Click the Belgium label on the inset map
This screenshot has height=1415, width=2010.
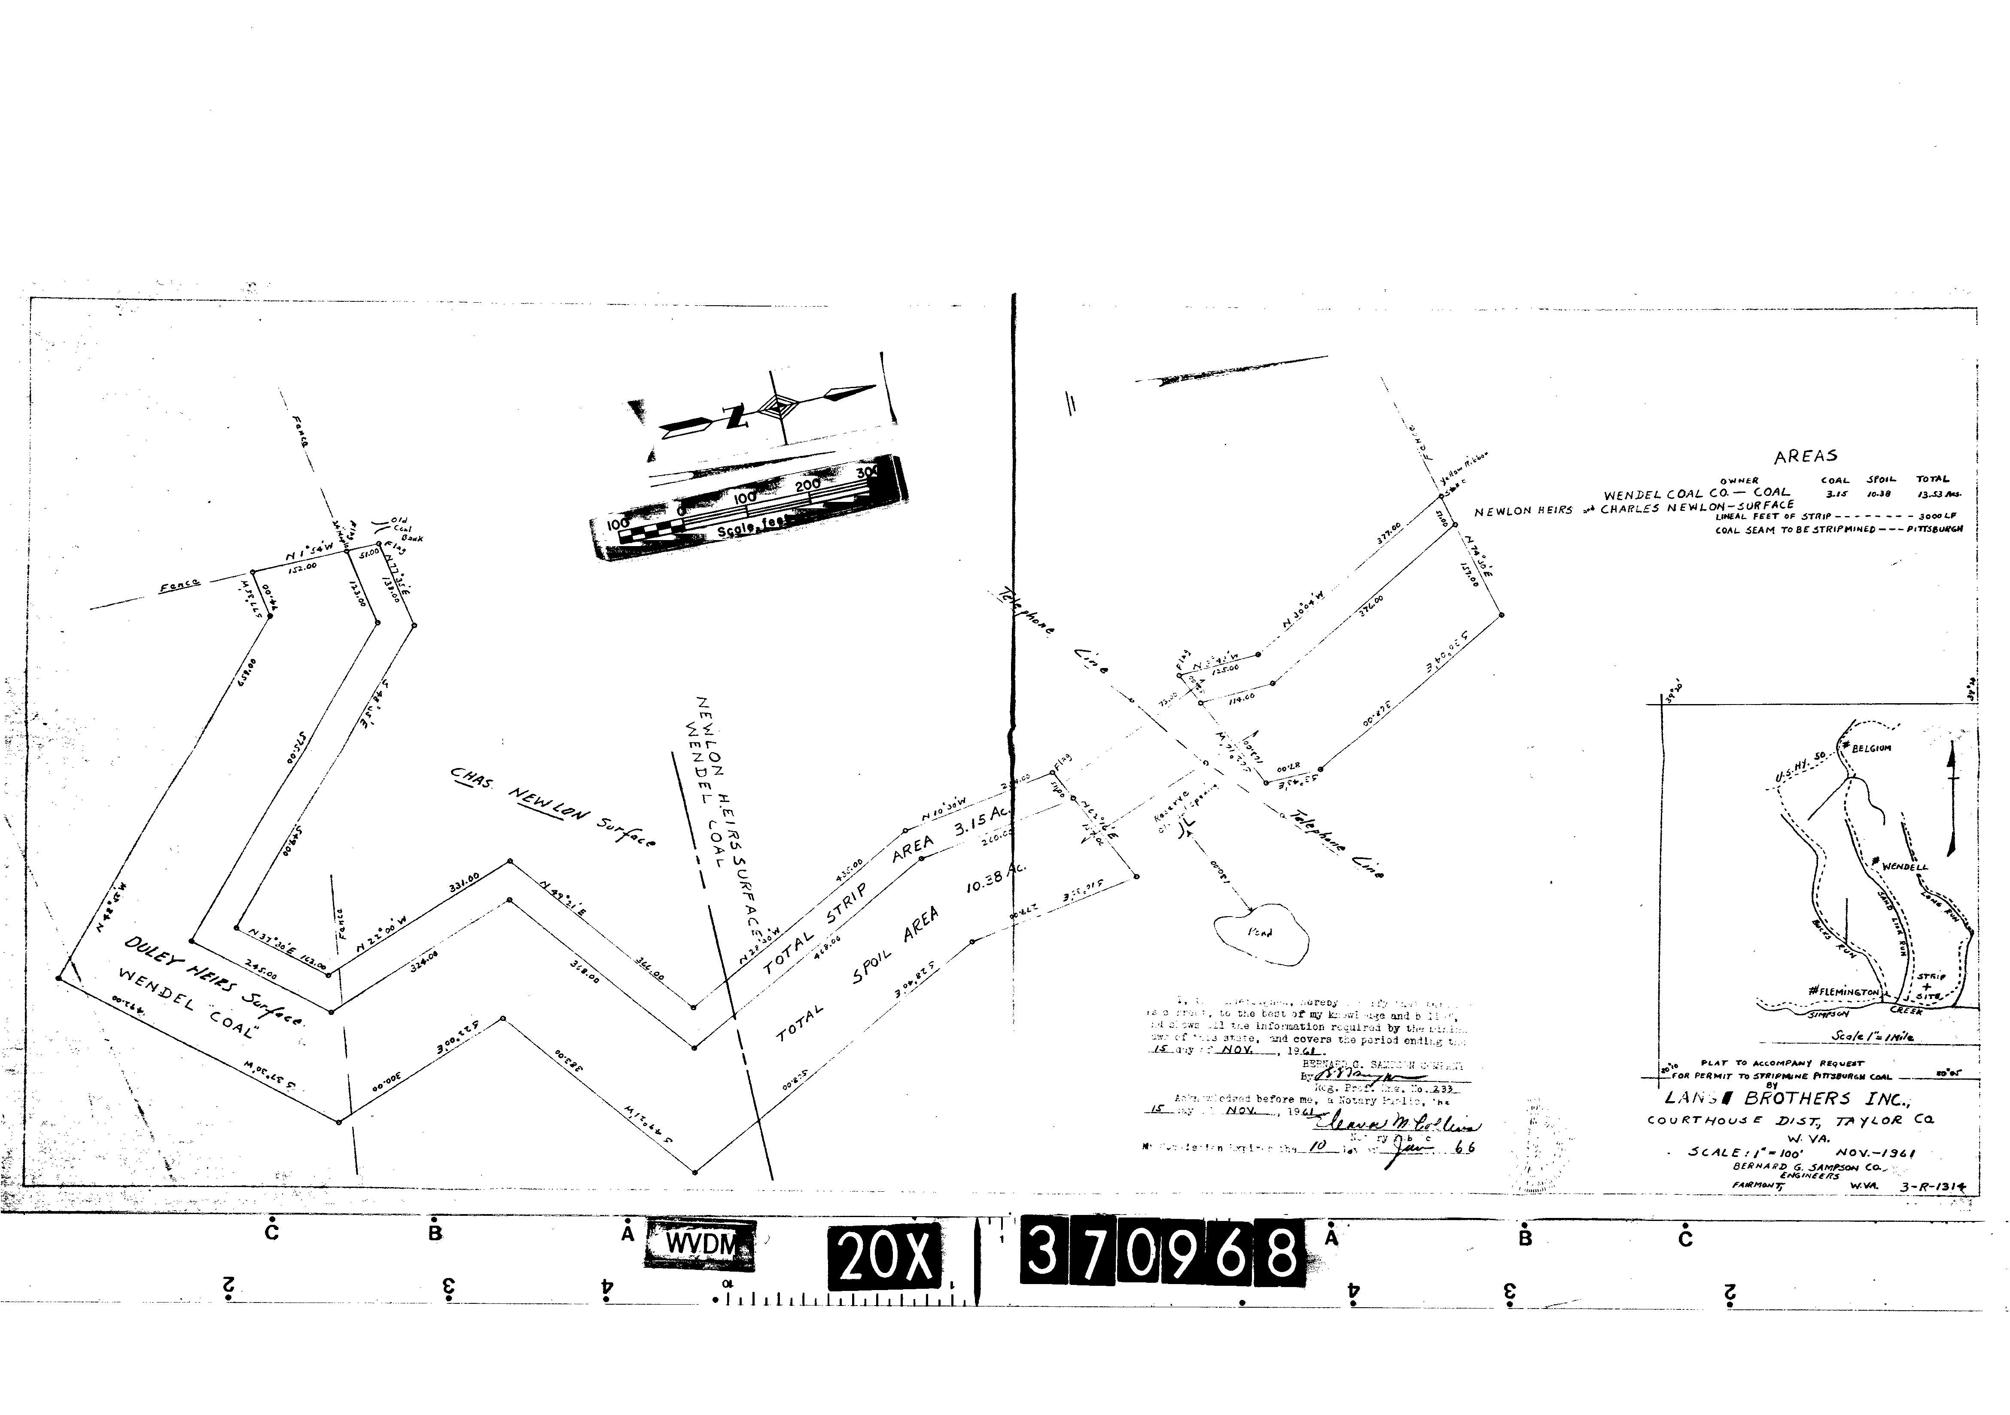(x=1870, y=748)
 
